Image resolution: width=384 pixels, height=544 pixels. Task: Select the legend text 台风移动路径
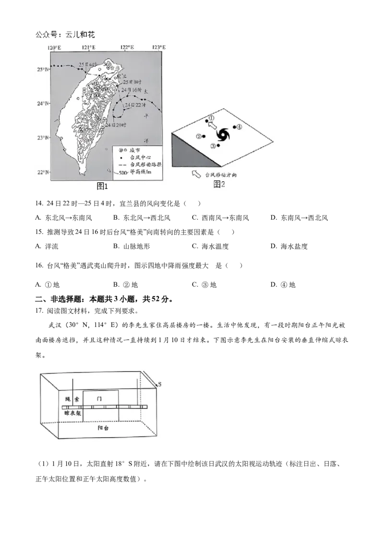[x=144, y=164]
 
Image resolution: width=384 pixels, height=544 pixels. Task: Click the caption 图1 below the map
[x=102, y=186]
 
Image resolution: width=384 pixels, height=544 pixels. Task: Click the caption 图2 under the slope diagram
[x=219, y=184]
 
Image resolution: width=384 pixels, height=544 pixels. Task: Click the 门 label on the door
[x=100, y=399]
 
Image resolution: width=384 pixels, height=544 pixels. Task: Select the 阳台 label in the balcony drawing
[x=104, y=428]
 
